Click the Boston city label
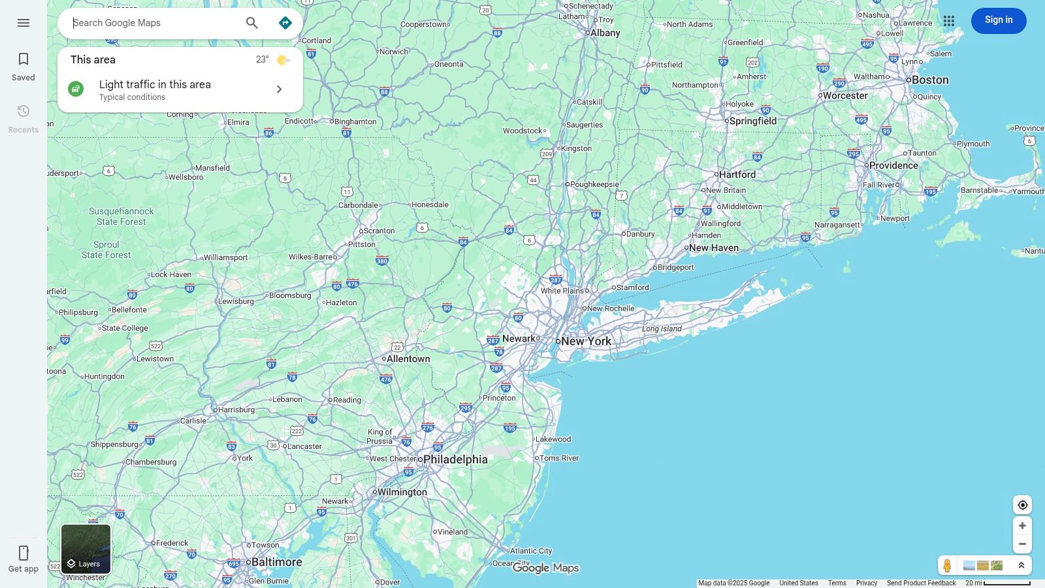930,80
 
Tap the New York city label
586,341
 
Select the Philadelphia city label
455,459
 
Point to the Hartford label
737,174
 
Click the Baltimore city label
276,562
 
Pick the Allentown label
408,359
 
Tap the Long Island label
662,329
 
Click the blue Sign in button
999,20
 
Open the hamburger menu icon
24,23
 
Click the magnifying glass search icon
252,23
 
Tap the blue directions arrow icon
285,23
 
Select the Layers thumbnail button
86,549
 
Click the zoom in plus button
1023,526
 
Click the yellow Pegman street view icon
947,565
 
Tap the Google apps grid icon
949,21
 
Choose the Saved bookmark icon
24,59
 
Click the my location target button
1023,505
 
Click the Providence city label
893,165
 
